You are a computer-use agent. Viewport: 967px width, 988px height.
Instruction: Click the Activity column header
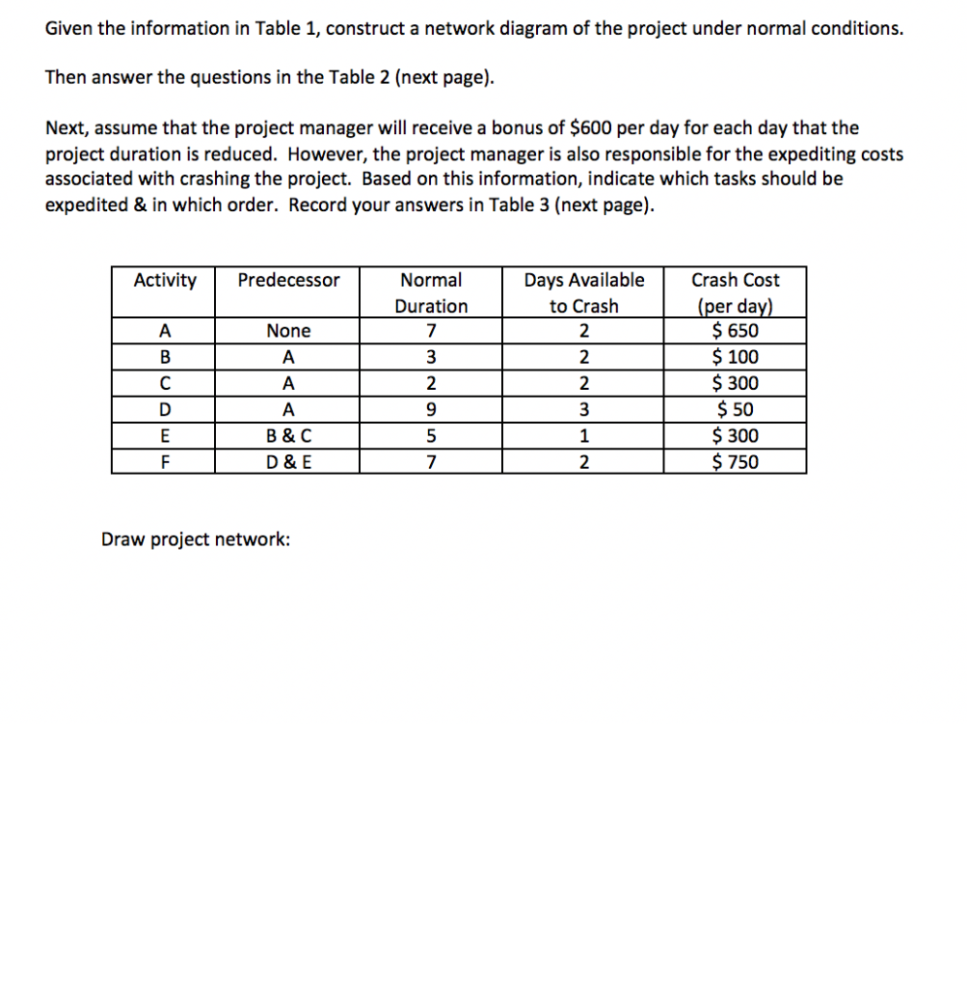click(164, 281)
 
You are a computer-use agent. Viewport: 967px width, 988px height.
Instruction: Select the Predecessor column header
click(288, 281)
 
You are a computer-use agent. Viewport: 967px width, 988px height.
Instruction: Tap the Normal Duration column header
click(430, 292)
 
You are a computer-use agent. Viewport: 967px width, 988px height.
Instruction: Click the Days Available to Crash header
click(583, 292)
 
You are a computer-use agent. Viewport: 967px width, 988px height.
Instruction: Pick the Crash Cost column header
click(735, 292)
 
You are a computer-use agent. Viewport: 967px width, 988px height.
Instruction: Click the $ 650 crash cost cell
click(735, 331)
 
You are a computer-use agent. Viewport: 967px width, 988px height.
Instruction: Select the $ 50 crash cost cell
click(735, 410)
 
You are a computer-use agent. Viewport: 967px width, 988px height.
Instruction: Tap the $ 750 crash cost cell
click(735, 462)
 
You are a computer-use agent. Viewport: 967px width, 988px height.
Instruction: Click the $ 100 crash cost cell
click(735, 357)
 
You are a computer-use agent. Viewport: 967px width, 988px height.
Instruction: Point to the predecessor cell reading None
click(288, 331)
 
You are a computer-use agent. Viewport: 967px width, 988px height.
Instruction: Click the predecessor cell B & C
click(288, 436)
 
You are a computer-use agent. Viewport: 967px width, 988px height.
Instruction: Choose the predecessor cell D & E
click(288, 462)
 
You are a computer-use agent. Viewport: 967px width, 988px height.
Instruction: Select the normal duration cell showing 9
click(430, 410)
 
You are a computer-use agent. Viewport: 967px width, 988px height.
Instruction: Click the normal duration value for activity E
click(430, 436)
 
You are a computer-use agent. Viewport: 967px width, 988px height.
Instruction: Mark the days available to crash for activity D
click(583, 410)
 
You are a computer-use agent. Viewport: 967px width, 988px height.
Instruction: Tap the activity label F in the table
click(164, 462)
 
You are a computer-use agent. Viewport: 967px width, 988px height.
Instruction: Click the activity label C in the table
click(164, 384)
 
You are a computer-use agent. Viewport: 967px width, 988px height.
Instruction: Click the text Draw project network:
click(196, 539)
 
